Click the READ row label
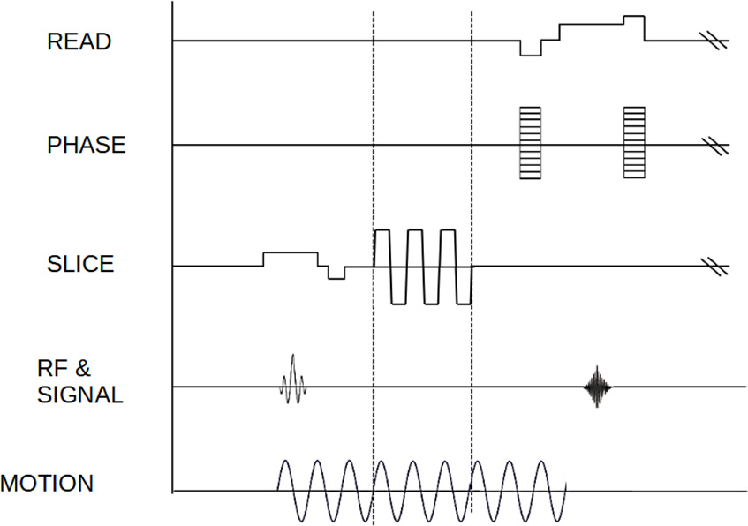point(79,41)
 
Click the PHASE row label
point(87,146)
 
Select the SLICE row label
point(80,264)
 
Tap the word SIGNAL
point(80,394)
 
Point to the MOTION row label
point(47,484)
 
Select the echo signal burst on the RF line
point(599,387)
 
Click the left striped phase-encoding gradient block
point(529,142)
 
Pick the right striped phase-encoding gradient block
point(634,142)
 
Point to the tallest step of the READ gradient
point(634,21)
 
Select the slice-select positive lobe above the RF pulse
point(291,259)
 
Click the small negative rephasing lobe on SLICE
point(336,273)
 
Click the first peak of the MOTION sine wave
point(284,462)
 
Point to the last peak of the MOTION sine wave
point(546,462)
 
